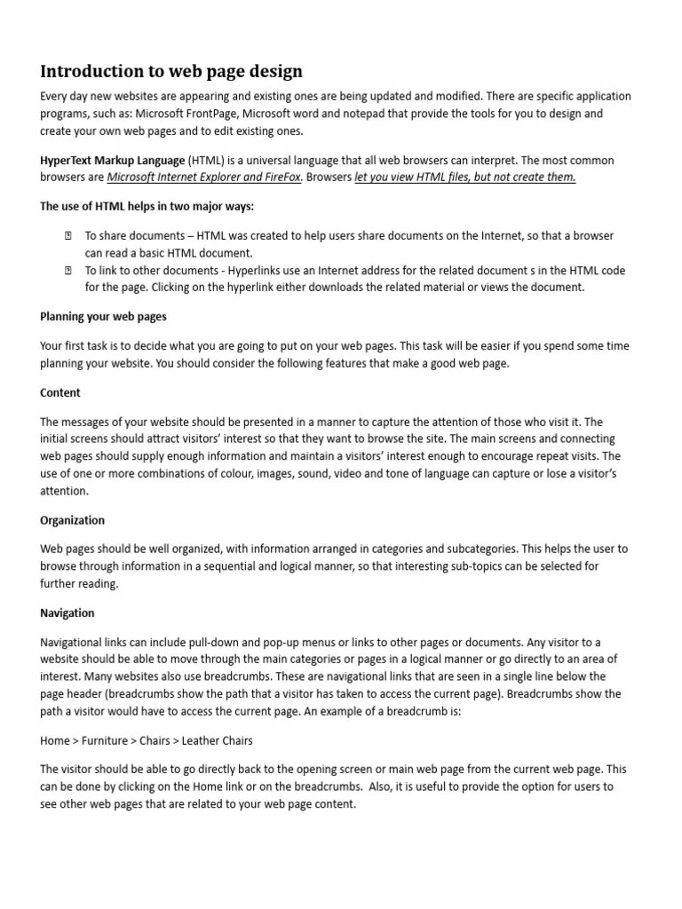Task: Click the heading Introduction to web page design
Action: click(x=171, y=71)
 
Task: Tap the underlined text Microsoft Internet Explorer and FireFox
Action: click(x=204, y=177)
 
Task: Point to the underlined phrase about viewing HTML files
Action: click(x=465, y=177)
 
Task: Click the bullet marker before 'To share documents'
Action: click(x=67, y=237)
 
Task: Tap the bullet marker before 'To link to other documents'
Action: click(x=67, y=270)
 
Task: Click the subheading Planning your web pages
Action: click(x=103, y=316)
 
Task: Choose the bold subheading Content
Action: click(x=60, y=392)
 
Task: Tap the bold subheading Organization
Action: click(x=72, y=520)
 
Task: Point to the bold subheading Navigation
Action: click(x=67, y=613)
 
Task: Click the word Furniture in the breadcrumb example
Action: click(x=106, y=740)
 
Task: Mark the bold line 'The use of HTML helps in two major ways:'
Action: click(x=147, y=207)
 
